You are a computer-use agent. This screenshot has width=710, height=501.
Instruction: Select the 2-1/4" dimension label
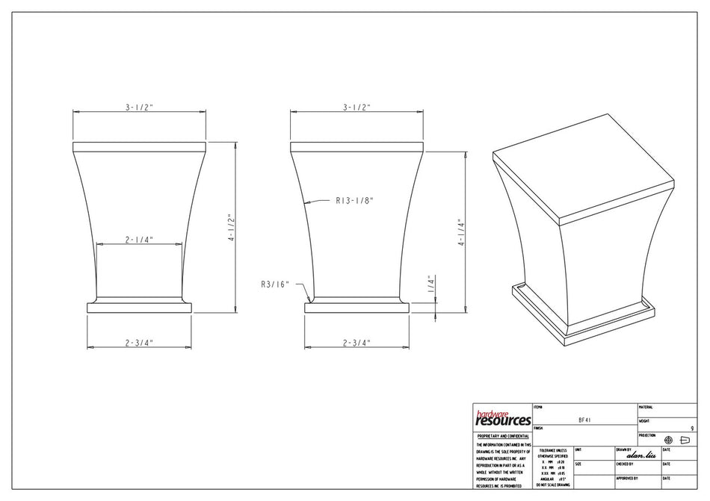pos(140,240)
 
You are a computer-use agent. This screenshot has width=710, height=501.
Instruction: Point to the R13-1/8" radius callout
pos(354,200)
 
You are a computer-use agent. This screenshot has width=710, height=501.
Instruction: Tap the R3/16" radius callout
pos(274,284)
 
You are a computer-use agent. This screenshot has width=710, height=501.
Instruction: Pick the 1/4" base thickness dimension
pos(431,285)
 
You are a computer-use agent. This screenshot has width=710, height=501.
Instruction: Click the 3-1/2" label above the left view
pos(139,108)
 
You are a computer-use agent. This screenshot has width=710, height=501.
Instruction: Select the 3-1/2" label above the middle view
pos(357,108)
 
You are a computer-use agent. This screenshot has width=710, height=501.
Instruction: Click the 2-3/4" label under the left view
pos(139,343)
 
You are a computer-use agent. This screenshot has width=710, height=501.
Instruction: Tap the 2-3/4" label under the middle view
pos(356,343)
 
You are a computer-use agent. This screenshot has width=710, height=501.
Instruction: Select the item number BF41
pos(585,420)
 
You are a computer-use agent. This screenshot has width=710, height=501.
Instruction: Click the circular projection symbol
pos(668,440)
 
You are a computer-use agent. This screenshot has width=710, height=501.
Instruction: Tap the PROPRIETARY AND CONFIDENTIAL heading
pos(503,435)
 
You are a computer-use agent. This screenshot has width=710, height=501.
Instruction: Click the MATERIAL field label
pos(646,407)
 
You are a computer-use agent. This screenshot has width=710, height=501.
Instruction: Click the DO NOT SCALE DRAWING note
pos(553,485)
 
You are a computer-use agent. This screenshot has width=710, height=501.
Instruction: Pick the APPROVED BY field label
pos(627,478)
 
